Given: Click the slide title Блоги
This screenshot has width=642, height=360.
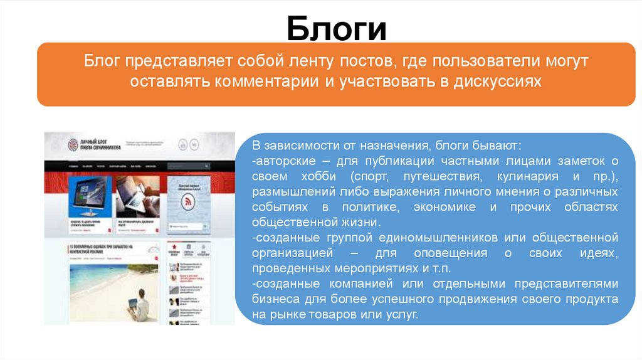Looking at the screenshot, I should (x=337, y=29).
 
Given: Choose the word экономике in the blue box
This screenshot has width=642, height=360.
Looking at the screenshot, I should (x=436, y=207).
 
